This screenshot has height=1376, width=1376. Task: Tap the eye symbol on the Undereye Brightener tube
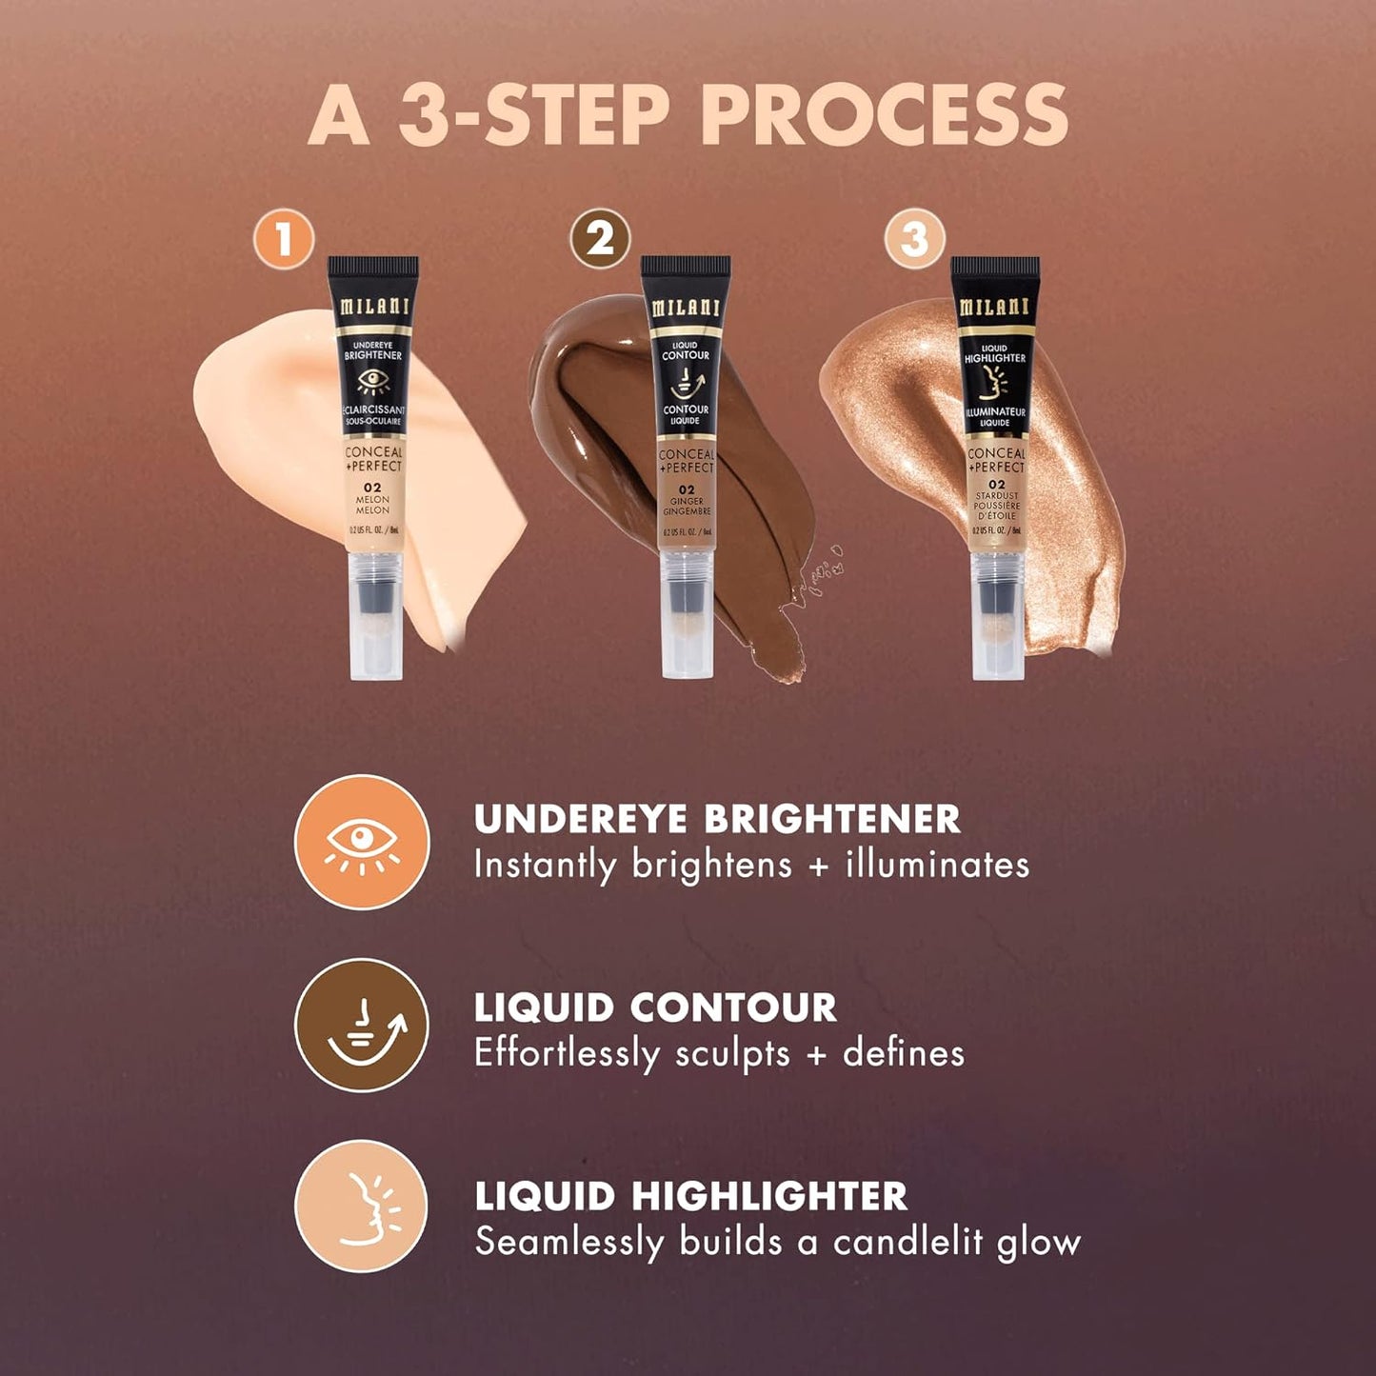pos(373,382)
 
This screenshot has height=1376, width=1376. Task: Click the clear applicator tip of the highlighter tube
pos(997,628)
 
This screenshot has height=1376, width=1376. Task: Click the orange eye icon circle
pos(362,842)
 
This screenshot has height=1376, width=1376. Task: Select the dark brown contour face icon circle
pos(362,1025)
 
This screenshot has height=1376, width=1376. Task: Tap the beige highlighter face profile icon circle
pos(362,1206)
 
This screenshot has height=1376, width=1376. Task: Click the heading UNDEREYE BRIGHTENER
pos(717,819)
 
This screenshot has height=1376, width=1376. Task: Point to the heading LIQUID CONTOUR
pos(655,1007)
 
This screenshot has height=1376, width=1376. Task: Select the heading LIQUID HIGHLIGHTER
pos(691,1196)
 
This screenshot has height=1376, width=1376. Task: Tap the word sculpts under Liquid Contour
pos(732,1054)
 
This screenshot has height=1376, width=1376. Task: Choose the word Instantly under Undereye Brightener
pos(545,866)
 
